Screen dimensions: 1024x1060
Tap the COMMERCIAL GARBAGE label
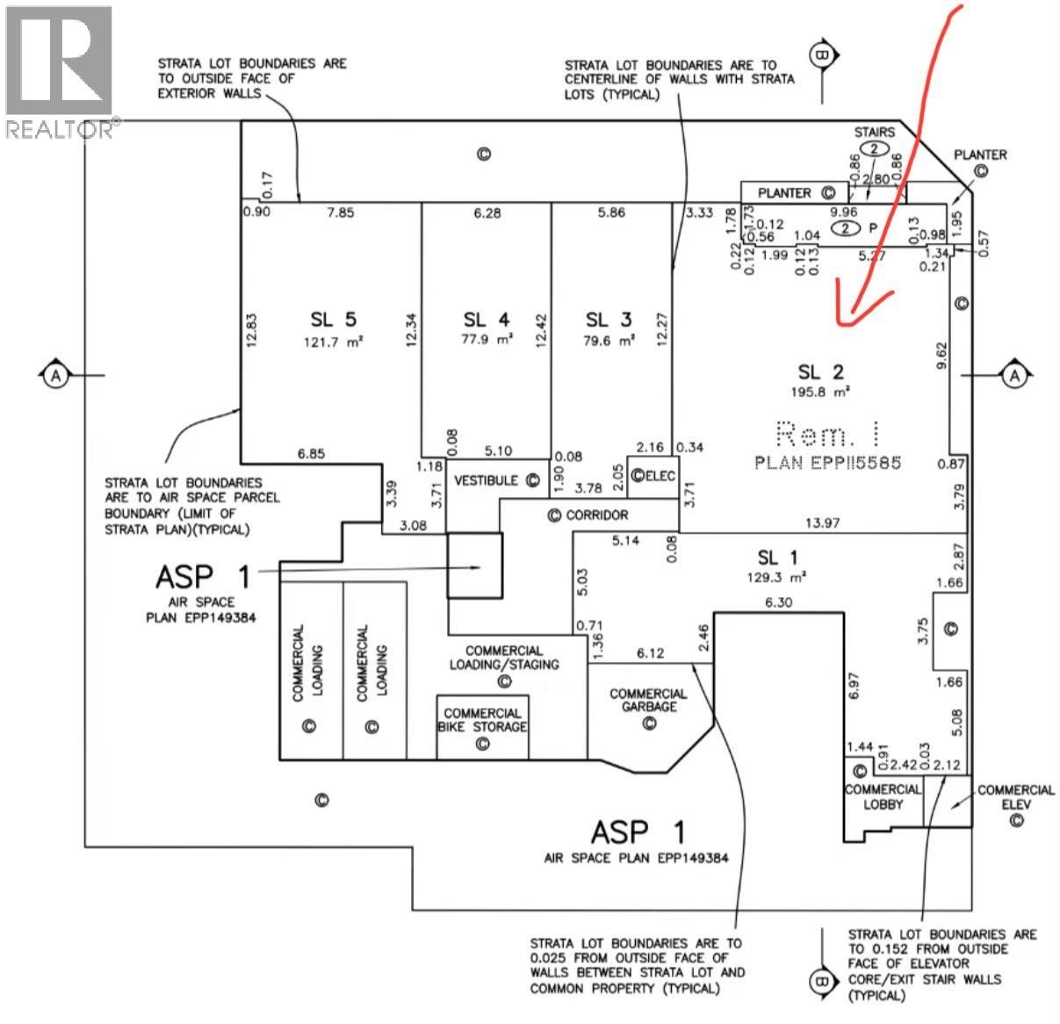click(648, 700)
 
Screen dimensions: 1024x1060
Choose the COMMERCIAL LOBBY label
click(883, 797)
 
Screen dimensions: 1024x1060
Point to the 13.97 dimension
click(822, 523)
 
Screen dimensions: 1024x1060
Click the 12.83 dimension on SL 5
click(251, 331)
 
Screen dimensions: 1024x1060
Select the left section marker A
click(56, 375)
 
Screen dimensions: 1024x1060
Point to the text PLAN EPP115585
click(827, 462)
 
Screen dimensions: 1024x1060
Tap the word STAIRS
click(875, 132)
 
